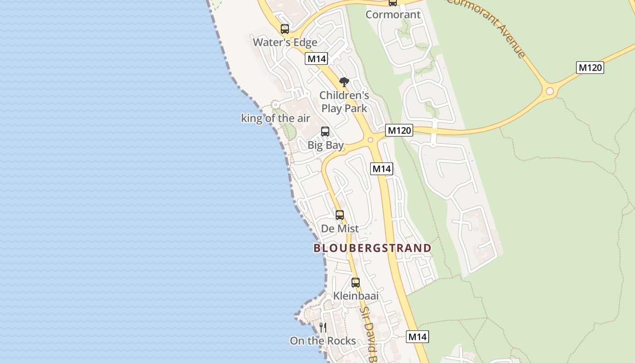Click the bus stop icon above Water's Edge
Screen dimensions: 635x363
285,29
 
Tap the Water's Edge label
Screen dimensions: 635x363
285,42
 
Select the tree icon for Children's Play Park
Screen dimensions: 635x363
344,82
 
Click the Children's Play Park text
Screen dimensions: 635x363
344,102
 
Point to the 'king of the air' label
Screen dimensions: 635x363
275,118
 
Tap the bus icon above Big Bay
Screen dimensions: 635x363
325,132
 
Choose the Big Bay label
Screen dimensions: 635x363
325,145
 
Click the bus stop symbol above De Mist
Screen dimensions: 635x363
340,215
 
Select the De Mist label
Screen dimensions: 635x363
340,229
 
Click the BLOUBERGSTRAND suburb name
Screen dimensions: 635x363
372,248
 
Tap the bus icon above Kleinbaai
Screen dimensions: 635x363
356,283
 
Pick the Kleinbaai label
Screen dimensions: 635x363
356,296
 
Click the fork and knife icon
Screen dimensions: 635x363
323,327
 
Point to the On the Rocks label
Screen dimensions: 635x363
323,341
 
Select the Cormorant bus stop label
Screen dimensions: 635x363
393,15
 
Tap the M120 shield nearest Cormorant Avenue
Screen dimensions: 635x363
590,68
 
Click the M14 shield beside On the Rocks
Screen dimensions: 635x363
417,337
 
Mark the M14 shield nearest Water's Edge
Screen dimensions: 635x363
317,59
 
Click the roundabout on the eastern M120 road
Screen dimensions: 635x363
550,91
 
